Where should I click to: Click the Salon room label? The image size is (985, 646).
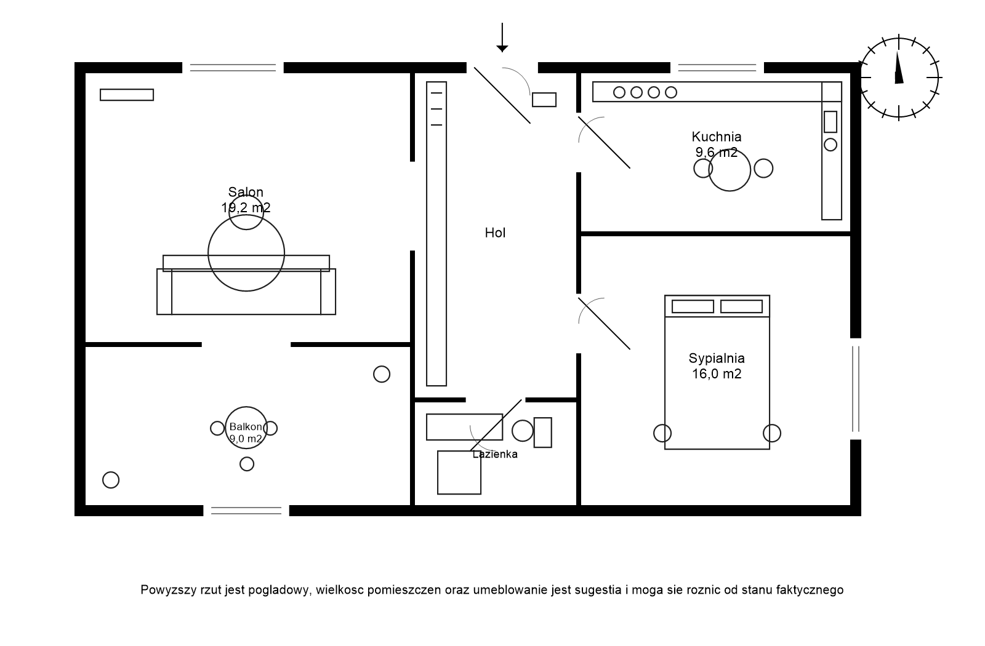[x=246, y=193]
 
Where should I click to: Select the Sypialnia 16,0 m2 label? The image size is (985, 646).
[x=717, y=366]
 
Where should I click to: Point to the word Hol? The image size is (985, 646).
[x=495, y=233]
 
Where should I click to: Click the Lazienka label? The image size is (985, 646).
[x=495, y=455]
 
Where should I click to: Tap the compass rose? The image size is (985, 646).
[x=899, y=78]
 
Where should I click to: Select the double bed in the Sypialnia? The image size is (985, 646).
[x=717, y=381]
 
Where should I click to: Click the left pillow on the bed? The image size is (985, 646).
[x=693, y=306]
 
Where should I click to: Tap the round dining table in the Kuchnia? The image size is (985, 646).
[x=730, y=170]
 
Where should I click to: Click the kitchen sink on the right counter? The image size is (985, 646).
[x=830, y=122]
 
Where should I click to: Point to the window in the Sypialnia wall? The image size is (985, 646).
[x=855, y=389]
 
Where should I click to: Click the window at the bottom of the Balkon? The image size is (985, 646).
[x=246, y=510]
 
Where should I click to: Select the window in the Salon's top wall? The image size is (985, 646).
[x=233, y=68]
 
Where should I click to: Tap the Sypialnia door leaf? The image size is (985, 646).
[x=604, y=324]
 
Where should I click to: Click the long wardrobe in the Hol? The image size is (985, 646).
[x=436, y=234]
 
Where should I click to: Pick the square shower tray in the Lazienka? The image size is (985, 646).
[x=459, y=473]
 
